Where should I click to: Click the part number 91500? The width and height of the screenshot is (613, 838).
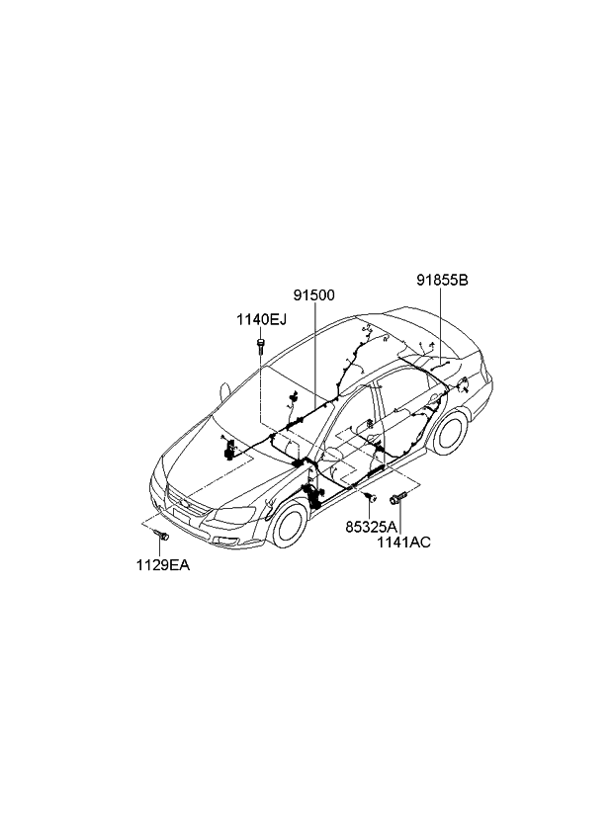(x=314, y=295)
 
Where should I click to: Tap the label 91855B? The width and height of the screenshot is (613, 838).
(x=442, y=280)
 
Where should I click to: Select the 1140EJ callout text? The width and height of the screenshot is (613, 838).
(x=262, y=319)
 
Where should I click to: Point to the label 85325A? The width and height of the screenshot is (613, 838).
(x=371, y=527)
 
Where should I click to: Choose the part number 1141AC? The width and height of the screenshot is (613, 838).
(x=403, y=542)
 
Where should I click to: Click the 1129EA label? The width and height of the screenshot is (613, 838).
(x=162, y=565)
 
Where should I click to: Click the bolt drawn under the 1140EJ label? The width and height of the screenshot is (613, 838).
(x=260, y=345)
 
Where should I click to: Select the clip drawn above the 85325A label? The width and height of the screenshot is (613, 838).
(x=369, y=498)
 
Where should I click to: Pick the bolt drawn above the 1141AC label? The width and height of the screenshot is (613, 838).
(x=398, y=499)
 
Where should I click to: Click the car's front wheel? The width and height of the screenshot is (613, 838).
(x=290, y=522)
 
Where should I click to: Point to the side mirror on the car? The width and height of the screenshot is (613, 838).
(x=224, y=391)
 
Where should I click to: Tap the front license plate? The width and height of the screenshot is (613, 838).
(x=182, y=516)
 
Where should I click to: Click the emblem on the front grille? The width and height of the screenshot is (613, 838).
(x=185, y=502)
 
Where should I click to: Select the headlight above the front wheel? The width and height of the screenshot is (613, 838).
(x=233, y=515)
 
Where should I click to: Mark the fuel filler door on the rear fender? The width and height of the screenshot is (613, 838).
(x=463, y=383)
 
